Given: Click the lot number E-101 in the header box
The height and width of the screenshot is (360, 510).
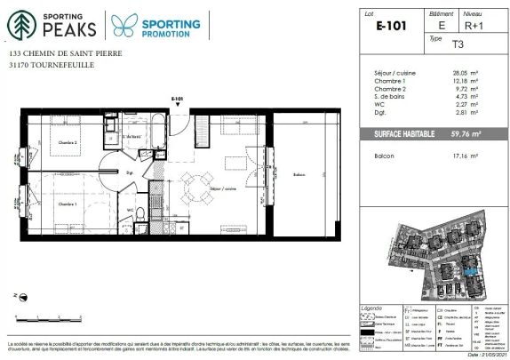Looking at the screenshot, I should click(x=392, y=27).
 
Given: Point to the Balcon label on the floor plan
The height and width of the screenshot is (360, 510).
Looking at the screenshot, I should click(x=299, y=175).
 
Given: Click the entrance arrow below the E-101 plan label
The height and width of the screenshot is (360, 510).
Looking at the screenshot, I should click(x=178, y=108).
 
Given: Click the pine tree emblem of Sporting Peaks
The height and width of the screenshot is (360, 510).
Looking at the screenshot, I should click(x=19, y=25).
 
